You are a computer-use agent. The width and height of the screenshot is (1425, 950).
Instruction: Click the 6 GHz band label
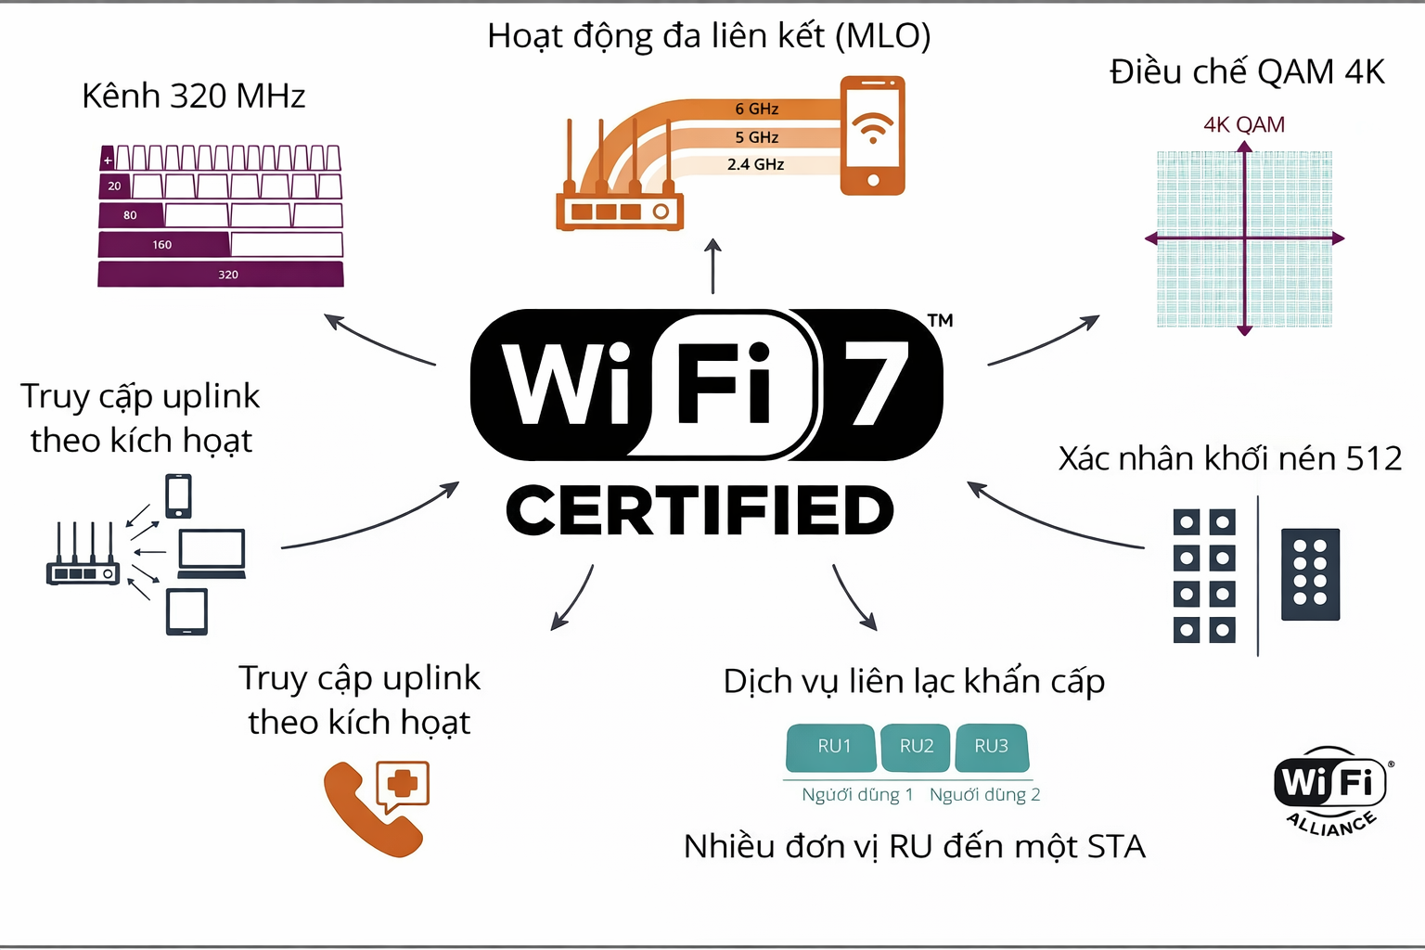pos(756,109)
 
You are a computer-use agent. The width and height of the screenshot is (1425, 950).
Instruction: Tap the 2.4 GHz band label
pos(755,164)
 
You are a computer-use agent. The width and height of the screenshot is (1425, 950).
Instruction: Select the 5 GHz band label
pos(756,137)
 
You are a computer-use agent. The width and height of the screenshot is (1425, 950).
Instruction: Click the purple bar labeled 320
pos(221,275)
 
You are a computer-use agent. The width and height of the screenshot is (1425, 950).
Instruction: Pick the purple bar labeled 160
pos(163,245)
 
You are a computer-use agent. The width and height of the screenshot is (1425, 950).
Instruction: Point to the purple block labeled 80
pos(131,215)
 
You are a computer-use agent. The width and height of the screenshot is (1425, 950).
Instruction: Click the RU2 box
pos(916,747)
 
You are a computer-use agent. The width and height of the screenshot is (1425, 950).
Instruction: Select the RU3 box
pos(991,747)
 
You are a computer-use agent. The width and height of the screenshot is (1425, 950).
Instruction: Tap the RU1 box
pos(832,747)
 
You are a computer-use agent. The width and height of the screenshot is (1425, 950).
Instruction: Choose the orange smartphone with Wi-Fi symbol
pos(872,135)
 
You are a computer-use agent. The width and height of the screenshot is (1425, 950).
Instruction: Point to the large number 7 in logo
pos(876,383)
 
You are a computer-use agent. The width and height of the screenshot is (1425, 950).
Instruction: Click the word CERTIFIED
pos(700,510)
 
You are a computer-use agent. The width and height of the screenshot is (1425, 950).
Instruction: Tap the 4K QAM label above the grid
pos(1243,125)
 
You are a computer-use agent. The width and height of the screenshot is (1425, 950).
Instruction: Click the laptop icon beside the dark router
pos(212,553)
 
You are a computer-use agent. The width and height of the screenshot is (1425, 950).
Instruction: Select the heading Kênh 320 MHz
pos(193,96)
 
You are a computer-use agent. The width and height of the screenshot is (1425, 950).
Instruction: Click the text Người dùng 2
pos(984,795)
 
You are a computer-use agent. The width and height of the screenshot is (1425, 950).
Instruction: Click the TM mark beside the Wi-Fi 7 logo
pos(940,321)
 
